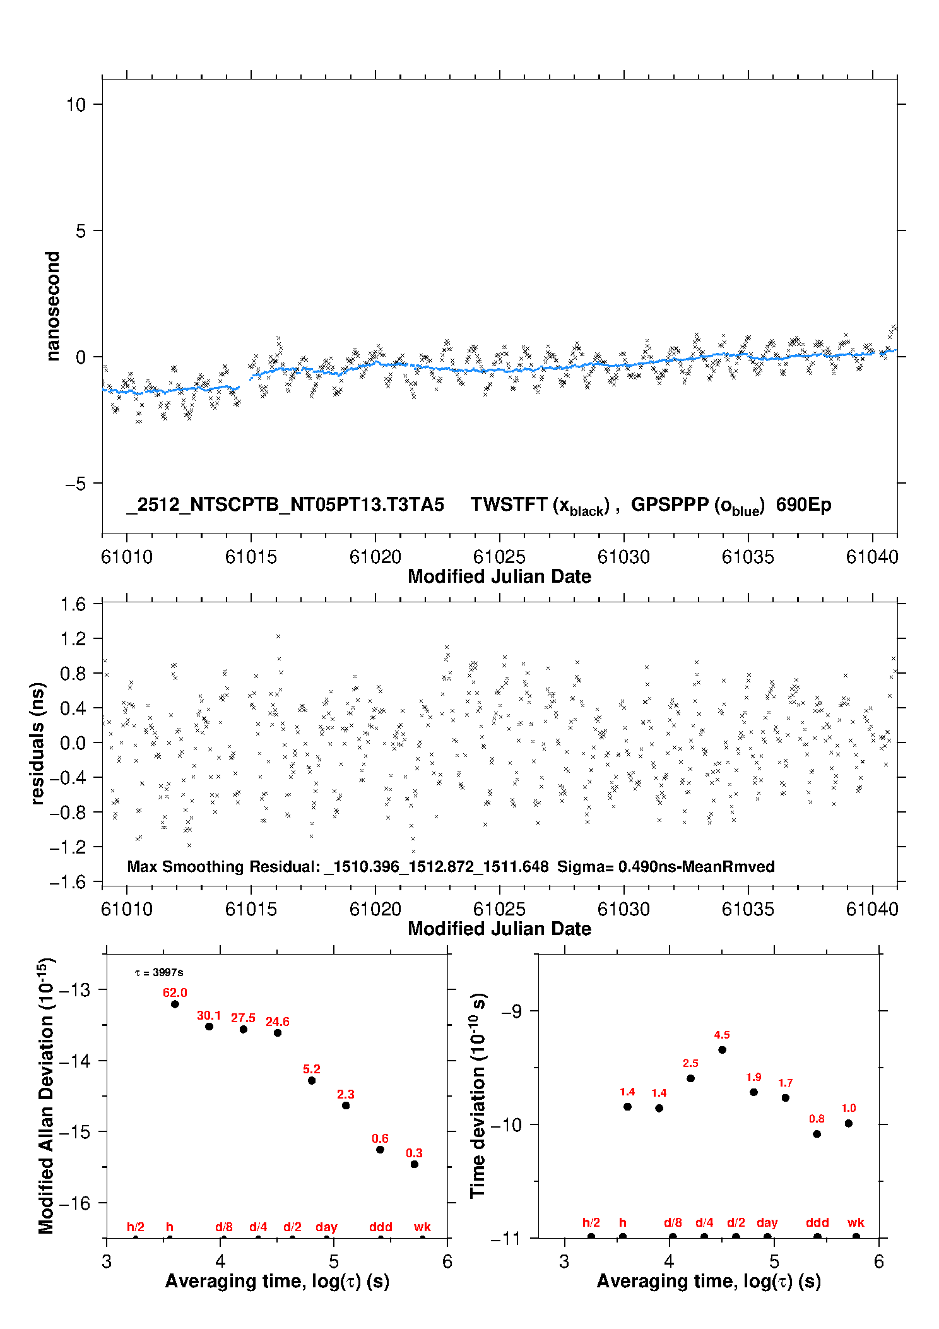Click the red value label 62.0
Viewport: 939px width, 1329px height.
(x=175, y=992)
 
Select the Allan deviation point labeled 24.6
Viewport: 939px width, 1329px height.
(x=278, y=1033)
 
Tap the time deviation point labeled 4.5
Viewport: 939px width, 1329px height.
(x=722, y=1050)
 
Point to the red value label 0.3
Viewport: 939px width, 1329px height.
(x=414, y=1153)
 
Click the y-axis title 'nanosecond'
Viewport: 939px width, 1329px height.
(x=53, y=306)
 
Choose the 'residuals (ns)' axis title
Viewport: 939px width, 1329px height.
(x=38, y=743)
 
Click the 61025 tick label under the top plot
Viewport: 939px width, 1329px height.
(x=499, y=557)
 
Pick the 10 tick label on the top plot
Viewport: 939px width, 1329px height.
(x=76, y=105)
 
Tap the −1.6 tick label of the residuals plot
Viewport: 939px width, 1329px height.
(x=68, y=882)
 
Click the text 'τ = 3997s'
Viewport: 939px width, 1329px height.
(x=159, y=972)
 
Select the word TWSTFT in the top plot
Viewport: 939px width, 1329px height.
(x=509, y=504)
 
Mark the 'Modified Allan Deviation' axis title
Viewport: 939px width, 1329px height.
(x=46, y=1096)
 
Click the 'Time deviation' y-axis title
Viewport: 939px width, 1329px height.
(x=478, y=1095)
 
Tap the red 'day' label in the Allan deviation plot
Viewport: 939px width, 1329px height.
(x=326, y=1227)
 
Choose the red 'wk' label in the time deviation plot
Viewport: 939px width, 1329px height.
(x=856, y=1222)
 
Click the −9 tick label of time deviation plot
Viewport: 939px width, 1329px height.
(x=511, y=1011)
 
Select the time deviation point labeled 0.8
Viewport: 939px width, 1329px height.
(x=817, y=1134)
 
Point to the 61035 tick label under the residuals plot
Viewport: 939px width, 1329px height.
(x=748, y=909)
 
